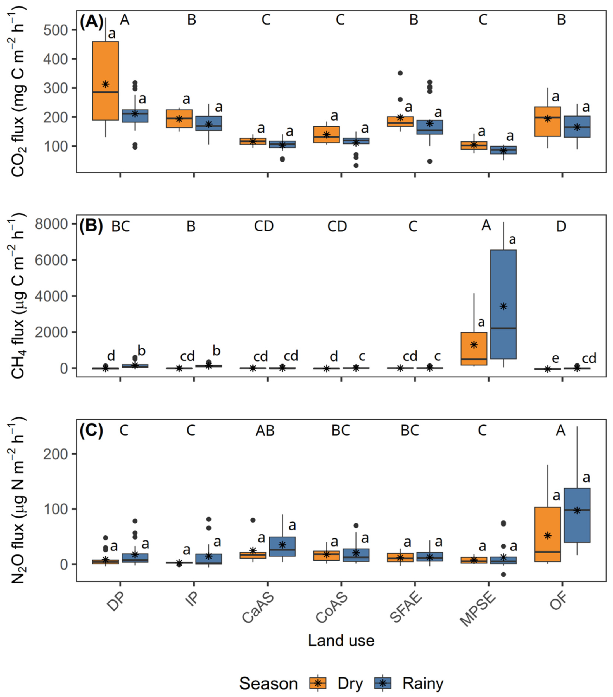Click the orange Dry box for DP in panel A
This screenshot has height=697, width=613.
[106, 81]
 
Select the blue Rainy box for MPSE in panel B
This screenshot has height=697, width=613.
[503, 304]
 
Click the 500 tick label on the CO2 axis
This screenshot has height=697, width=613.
[55, 30]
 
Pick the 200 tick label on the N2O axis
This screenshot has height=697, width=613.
[55, 454]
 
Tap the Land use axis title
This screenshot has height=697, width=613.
[341, 641]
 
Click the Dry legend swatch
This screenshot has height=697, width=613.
[318, 683]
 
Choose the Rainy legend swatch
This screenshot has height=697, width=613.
[382, 683]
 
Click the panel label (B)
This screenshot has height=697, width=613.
[91, 227]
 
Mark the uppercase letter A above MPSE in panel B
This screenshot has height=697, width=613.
[486, 225]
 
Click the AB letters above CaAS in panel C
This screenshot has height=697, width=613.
[265, 431]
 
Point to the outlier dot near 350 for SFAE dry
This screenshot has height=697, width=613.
[400, 73]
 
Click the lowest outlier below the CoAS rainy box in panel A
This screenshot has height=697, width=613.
[356, 166]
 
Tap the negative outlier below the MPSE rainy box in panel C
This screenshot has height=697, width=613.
[503, 575]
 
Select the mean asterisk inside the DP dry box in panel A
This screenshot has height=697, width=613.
[106, 84]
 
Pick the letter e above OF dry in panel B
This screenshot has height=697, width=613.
[555, 358]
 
